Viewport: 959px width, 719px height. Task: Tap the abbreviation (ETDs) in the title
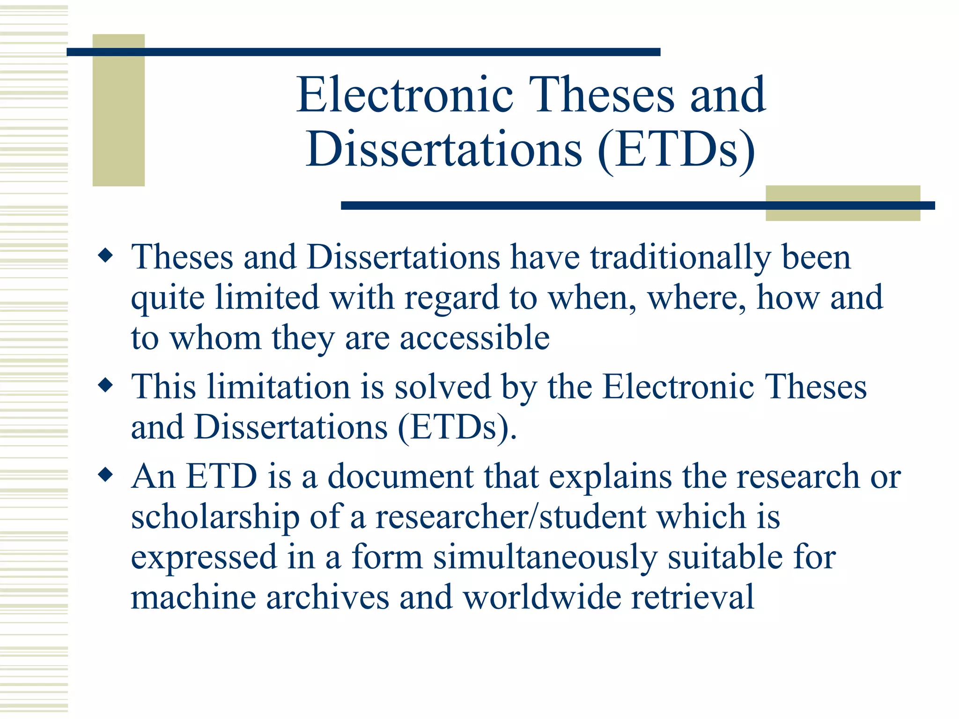click(676, 150)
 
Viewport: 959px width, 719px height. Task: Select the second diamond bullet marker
click(106, 386)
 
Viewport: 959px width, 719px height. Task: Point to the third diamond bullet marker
click(106, 475)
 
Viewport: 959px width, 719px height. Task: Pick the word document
click(400, 477)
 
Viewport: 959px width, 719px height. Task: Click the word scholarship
click(215, 517)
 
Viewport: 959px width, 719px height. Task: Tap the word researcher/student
click(511, 517)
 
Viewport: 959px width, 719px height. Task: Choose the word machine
click(193, 598)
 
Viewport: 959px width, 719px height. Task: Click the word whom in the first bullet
click(215, 338)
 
